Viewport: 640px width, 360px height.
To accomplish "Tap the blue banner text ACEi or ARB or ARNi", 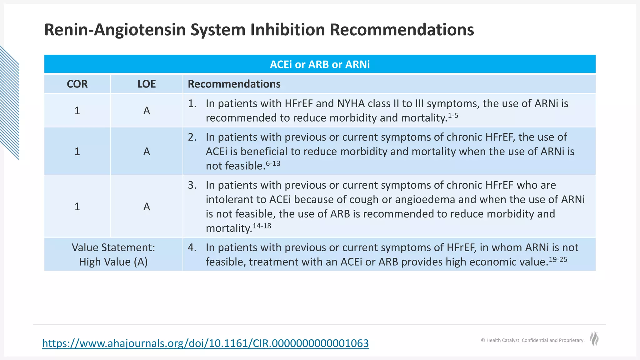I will click(320, 64).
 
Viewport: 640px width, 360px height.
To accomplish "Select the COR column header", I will click(77, 84).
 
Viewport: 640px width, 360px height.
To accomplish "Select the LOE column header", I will click(147, 84).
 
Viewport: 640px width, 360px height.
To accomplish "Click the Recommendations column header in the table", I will click(234, 84).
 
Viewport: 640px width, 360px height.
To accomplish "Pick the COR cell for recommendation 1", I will click(77, 111).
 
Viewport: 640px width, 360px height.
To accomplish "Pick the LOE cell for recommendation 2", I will click(147, 152).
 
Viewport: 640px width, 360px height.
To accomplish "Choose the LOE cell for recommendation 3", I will click(147, 207).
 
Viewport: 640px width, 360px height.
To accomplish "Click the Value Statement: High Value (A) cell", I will click(113, 254).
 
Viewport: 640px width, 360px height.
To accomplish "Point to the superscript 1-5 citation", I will click(453, 116).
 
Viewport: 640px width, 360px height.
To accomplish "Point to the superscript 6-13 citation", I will click(273, 164).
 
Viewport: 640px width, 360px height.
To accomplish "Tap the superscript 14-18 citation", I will click(262, 226).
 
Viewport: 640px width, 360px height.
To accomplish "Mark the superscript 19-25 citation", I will click(558, 259).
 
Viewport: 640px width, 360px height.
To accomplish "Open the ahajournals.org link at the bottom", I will click(205, 343).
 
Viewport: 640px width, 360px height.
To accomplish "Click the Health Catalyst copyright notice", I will click(532, 340).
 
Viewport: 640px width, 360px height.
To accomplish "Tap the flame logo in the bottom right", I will click(594, 339).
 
